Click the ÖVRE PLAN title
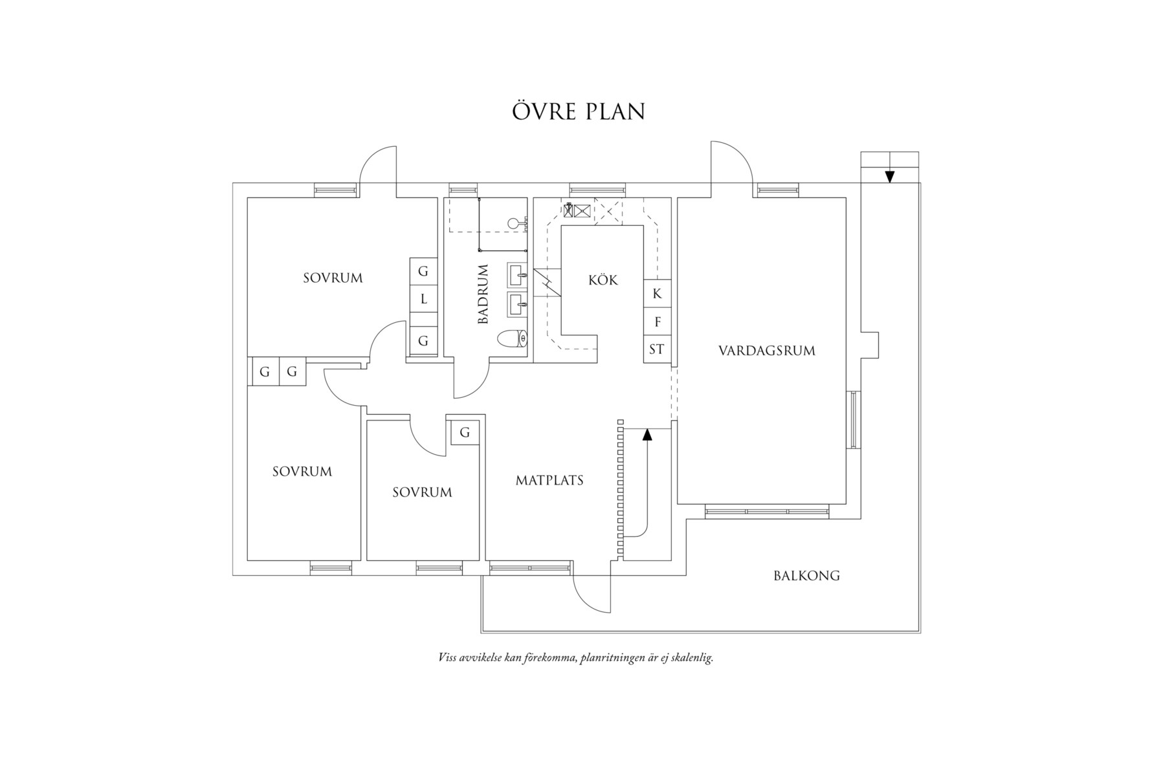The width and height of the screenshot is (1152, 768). [x=579, y=111]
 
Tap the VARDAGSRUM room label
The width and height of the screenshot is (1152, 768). [x=766, y=351]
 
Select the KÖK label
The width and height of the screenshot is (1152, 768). [x=603, y=280]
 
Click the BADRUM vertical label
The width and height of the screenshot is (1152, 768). [x=483, y=294]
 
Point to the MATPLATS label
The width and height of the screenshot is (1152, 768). [x=549, y=480]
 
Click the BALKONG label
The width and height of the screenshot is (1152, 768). [x=806, y=575]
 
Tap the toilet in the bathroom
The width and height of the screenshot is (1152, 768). [x=513, y=338]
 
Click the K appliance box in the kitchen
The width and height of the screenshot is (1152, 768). [x=657, y=294]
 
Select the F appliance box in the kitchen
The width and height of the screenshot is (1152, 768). [x=657, y=322]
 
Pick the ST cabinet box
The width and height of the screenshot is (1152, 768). [x=656, y=349]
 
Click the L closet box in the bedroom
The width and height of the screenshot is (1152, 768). [x=423, y=299]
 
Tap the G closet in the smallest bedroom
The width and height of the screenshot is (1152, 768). [x=465, y=433]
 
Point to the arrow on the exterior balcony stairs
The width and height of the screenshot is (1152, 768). [x=889, y=176]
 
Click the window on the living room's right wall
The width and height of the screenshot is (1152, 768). [x=854, y=420]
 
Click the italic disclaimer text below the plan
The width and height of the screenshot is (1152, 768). [x=575, y=658]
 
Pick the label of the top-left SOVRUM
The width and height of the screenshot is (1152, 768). [x=333, y=278]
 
